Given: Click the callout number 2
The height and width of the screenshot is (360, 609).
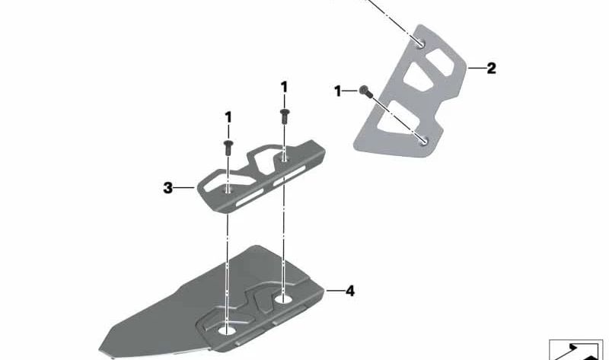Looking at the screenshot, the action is [491, 68].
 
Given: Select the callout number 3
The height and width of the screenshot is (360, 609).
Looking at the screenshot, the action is [167, 188].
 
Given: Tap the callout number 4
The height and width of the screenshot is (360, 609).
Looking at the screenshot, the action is [350, 291].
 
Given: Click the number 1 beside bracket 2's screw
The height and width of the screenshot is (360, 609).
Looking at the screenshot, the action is [337, 91].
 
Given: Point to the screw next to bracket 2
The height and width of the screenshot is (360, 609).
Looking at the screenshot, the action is [365, 91].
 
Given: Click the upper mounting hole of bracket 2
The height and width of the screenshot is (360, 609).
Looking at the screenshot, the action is [421, 43].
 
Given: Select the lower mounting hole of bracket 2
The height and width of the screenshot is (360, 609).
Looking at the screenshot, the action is [424, 141].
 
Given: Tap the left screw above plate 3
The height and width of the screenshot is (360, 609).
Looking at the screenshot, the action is [228, 148].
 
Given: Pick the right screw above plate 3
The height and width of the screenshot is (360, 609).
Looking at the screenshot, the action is [284, 116].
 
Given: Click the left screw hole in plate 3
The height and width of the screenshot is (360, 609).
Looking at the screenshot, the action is [228, 190].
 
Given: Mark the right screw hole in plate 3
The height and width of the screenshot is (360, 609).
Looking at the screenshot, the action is [285, 158].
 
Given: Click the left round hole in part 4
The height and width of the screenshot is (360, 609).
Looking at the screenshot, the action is [227, 330].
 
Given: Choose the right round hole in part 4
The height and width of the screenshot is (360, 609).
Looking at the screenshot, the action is [283, 298].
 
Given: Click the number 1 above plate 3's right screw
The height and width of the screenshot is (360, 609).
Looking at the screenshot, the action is [284, 87].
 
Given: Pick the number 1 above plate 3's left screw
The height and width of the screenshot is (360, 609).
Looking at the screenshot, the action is [228, 117].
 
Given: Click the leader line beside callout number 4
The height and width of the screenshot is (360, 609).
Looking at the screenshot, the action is [334, 291].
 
